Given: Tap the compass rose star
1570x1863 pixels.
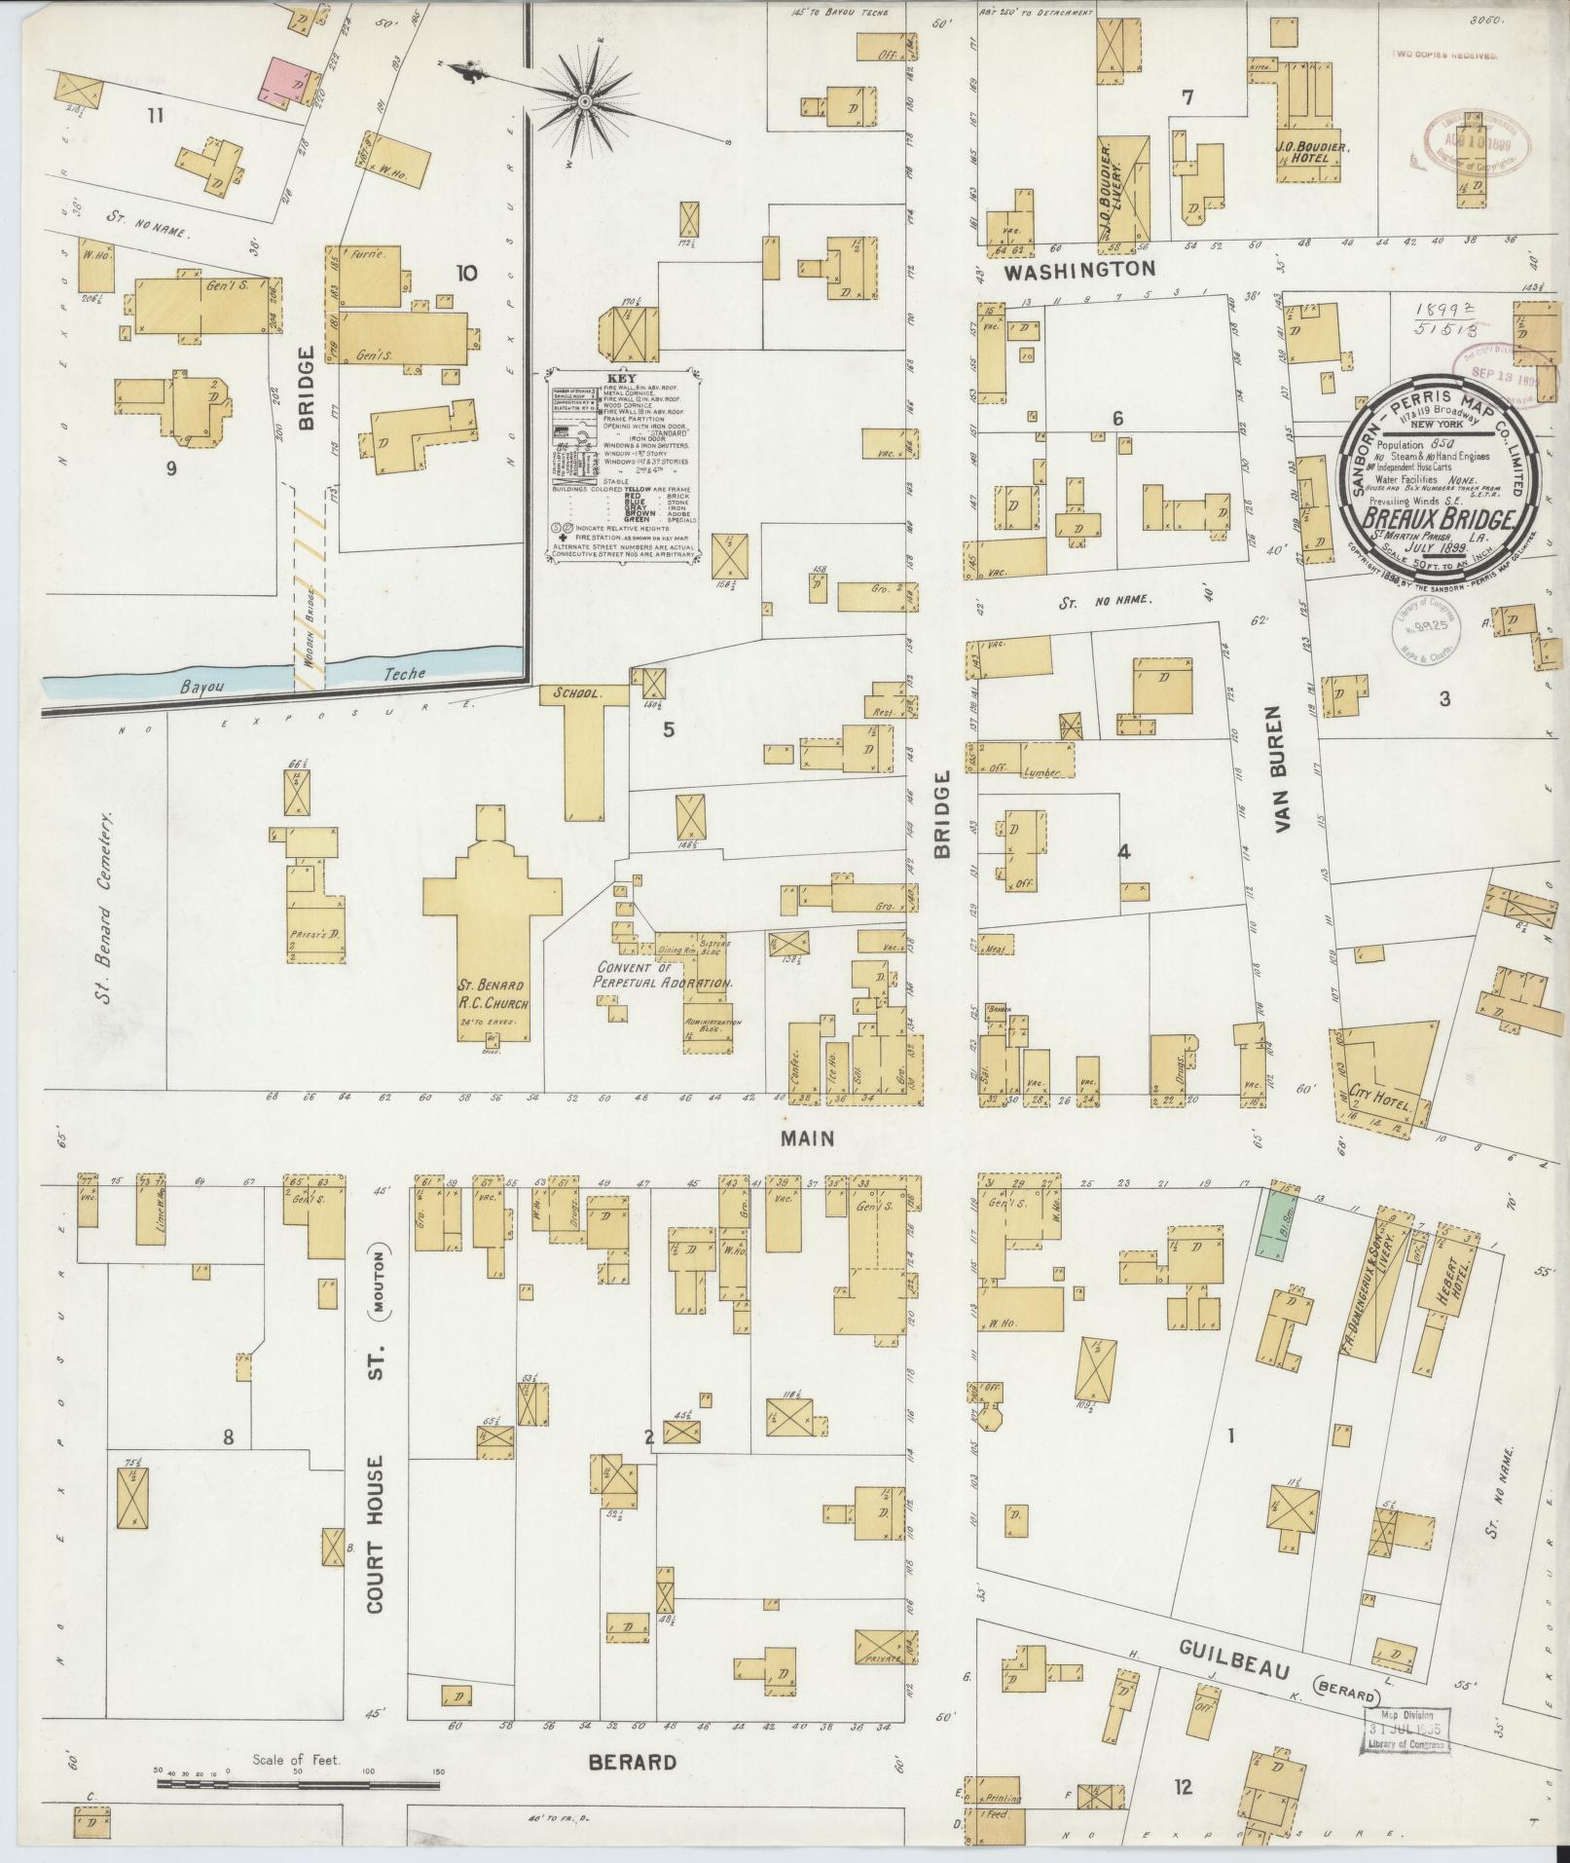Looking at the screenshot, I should pos(585,101).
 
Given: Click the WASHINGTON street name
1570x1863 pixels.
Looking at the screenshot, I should pos(1079,269).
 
